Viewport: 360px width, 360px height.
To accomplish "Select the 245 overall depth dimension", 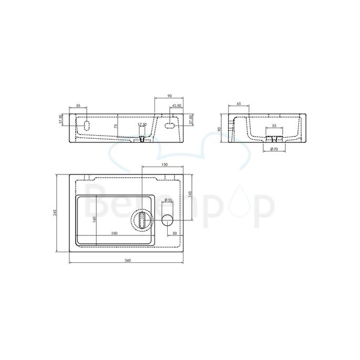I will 55,212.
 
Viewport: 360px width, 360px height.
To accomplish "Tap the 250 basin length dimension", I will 114,233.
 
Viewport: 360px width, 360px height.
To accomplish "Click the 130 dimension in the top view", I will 164,165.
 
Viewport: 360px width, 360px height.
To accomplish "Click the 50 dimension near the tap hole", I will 174,233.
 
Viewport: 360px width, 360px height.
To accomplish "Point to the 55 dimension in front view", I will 78,106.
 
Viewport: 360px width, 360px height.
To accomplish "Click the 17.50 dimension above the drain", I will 142,125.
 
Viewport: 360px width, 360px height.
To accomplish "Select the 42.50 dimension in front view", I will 177,106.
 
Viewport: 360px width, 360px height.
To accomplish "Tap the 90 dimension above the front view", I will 169,96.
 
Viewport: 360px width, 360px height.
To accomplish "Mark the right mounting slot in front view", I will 170,125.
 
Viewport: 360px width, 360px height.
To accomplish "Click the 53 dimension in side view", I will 274,126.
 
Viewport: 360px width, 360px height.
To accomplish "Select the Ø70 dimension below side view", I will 274,150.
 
